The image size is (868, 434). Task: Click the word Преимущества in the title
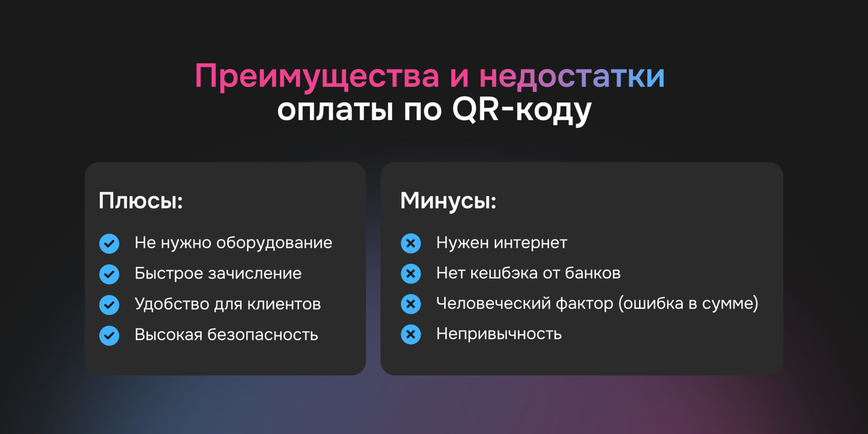[317, 76]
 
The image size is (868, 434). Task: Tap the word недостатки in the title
[571, 76]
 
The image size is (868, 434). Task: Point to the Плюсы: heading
[141, 200]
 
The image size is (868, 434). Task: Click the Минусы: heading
[448, 200]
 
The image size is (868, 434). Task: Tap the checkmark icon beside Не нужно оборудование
[109, 243]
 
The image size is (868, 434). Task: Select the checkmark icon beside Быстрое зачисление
[109, 274]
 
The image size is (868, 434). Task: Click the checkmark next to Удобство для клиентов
[109, 305]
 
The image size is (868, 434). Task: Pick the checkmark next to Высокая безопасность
[109, 335]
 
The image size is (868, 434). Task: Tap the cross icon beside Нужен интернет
[411, 243]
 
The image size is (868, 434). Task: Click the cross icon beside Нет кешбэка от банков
[411, 274]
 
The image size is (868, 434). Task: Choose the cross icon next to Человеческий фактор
[411, 304]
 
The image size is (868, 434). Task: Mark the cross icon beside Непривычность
[411, 335]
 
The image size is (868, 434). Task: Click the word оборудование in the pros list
[274, 243]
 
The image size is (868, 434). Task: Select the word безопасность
[262, 335]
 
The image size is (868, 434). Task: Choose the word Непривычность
[499, 334]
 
